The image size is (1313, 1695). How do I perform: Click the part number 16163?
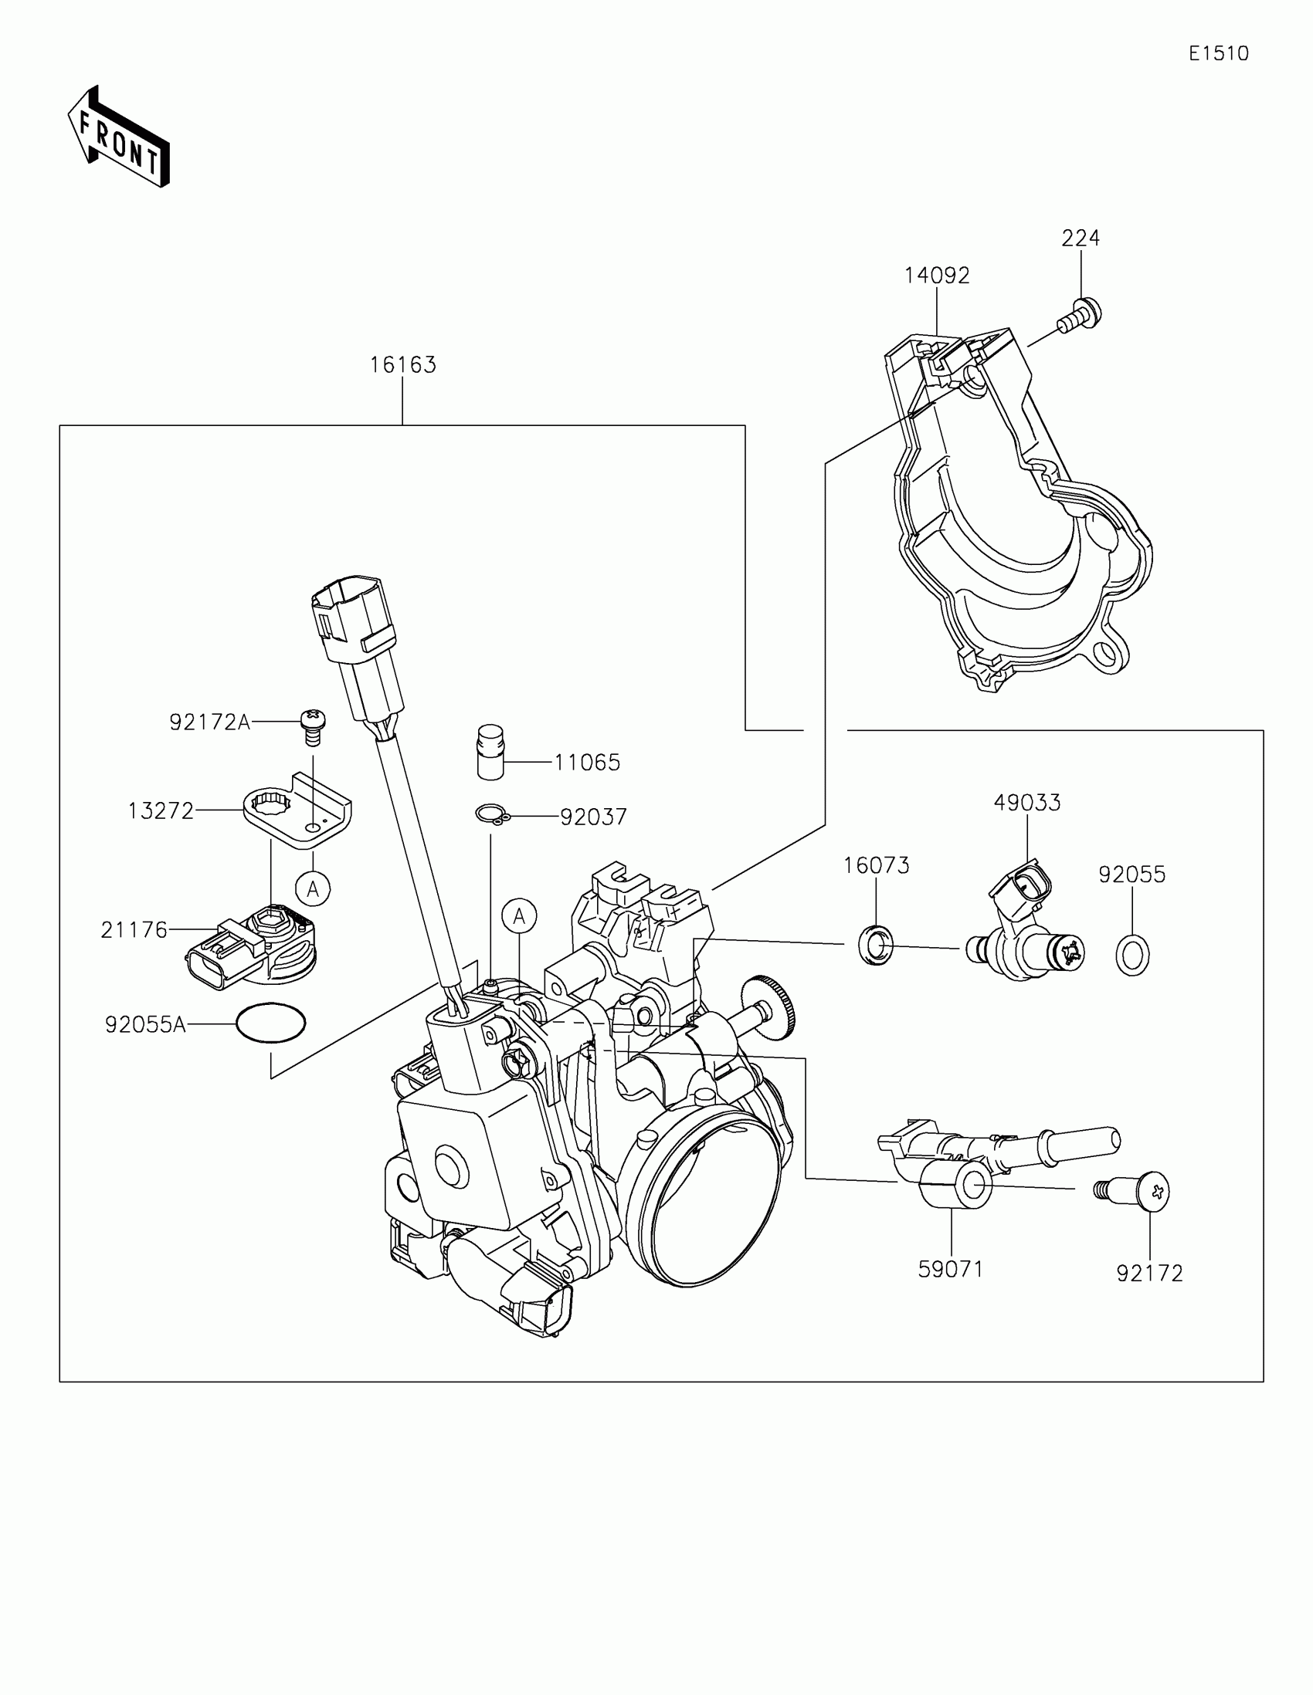click(x=402, y=365)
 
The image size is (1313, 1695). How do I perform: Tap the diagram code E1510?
click(x=1218, y=53)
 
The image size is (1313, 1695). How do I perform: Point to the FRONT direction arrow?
click(x=118, y=138)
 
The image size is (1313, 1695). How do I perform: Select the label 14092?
click(x=936, y=276)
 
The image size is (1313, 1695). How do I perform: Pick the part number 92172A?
click(x=209, y=722)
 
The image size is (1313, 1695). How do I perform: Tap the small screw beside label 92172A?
click(x=312, y=726)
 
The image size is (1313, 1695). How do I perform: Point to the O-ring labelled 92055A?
click(x=271, y=1024)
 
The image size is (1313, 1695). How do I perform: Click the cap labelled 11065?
click(x=490, y=751)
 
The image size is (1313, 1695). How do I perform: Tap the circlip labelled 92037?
click(x=490, y=814)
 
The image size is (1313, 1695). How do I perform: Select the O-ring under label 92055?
click(x=1132, y=955)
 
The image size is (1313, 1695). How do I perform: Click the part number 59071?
click(x=951, y=1270)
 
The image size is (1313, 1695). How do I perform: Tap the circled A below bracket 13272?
click(x=313, y=888)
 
